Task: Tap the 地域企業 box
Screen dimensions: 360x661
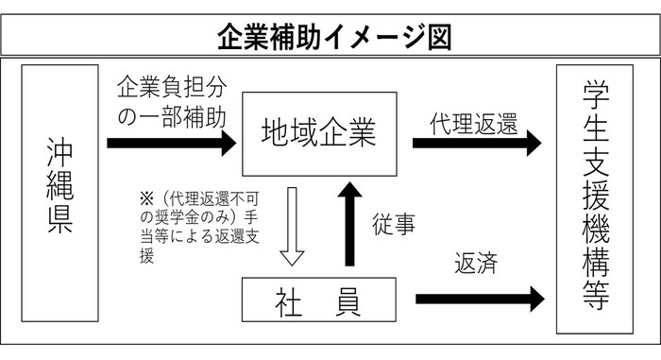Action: tap(317, 135)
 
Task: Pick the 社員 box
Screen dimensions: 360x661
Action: tap(316, 301)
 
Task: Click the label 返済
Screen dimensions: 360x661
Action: tap(476, 261)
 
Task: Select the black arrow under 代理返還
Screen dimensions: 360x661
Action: tap(477, 144)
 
